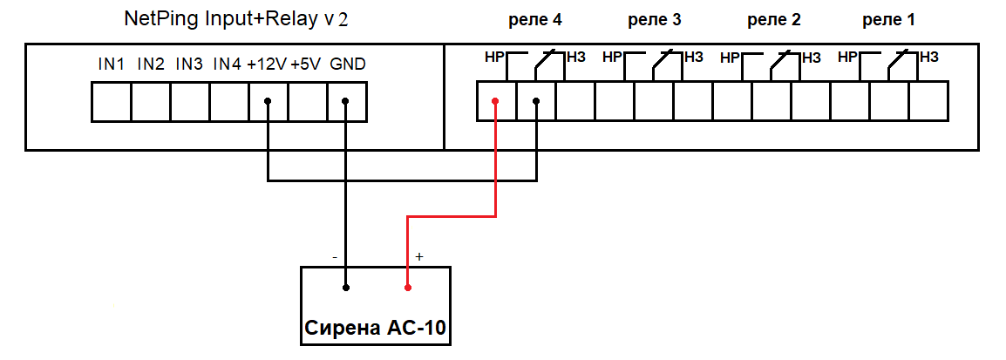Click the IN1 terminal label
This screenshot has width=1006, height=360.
pyautogui.click(x=112, y=65)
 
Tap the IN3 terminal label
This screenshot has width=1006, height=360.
pyautogui.click(x=189, y=65)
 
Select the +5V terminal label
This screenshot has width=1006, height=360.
pyautogui.click(x=306, y=65)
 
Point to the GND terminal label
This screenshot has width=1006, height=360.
pyautogui.click(x=348, y=65)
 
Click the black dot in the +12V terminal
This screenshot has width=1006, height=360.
pyautogui.click(x=268, y=101)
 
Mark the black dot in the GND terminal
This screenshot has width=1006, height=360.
pyautogui.click(x=346, y=101)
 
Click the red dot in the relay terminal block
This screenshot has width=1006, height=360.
pyautogui.click(x=496, y=101)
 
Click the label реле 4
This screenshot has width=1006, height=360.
pyautogui.click(x=534, y=19)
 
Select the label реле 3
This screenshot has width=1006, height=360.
pyautogui.click(x=654, y=19)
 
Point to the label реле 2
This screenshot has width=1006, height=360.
pyautogui.click(x=774, y=19)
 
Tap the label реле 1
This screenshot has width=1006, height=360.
pyautogui.click(x=888, y=19)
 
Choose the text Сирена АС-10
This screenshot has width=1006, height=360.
pyautogui.click(x=377, y=329)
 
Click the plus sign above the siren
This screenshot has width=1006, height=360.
pyautogui.click(x=419, y=257)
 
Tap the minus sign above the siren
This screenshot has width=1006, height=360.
pyautogui.click(x=336, y=257)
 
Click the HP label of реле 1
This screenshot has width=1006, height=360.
pyautogui.click(x=847, y=58)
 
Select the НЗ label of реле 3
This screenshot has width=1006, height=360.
pyautogui.click(x=693, y=58)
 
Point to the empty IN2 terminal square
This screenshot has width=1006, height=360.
pyautogui.click(x=150, y=101)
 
